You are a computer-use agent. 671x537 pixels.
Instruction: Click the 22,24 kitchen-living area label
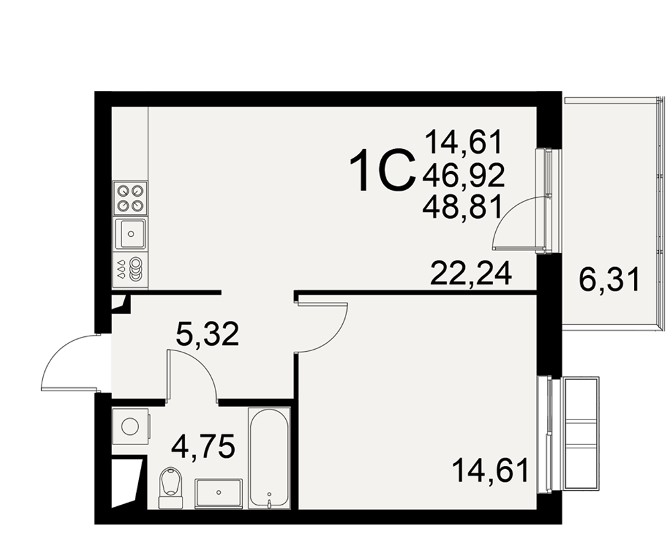pyautogui.click(x=471, y=274)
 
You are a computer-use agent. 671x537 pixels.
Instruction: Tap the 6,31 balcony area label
pyautogui.click(x=609, y=279)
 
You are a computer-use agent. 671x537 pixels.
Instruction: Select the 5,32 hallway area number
pyautogui.click(x=207, y=334)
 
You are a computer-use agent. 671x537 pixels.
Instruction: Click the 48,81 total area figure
pyautogui.click(x=462, y=209)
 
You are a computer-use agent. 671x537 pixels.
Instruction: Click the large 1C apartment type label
pyautogui.click(x=382, y=170)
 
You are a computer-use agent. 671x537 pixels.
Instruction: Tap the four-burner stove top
pyautogui.click(x=131, y=198)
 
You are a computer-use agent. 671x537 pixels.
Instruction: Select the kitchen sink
pyautogui.click(x=131, y=234)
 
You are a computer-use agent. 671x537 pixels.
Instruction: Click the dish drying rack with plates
pyautogui.click(x=131, y=270)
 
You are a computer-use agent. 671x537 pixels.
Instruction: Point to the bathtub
pyautogui.click(x=269, y=458)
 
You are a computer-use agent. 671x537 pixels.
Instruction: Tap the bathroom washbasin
pyautogui.click(x=219, y=493)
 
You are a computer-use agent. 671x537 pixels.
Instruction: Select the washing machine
pyautogui.click(x=131, y=426)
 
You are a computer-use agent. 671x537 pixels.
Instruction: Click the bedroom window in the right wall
pyautogui.click(x=544, y=433)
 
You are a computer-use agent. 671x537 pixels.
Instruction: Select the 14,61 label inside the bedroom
pyautogui.click(x=490, y=471)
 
